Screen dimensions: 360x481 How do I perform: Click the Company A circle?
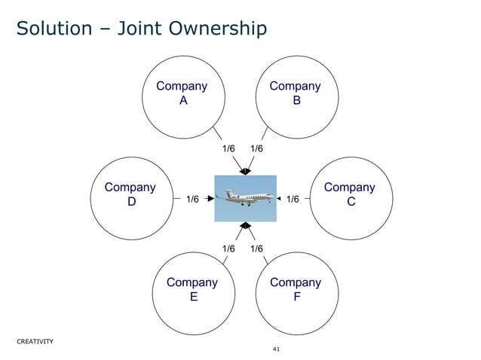pos(182,94)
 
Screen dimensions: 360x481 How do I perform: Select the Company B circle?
pos(296,94)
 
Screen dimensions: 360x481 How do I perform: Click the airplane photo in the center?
pos(245,198)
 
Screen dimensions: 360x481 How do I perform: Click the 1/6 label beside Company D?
pos(192,200)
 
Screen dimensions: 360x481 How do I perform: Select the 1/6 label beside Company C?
pos(293,200)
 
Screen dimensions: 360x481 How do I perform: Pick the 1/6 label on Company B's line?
pos(256,149)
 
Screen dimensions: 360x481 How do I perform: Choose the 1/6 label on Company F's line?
pos(256,249)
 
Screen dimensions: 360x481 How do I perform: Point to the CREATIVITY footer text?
pos(35,341)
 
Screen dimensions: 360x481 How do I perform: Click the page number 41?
pos(275,350)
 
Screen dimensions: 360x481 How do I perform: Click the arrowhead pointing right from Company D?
pos(210,200)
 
